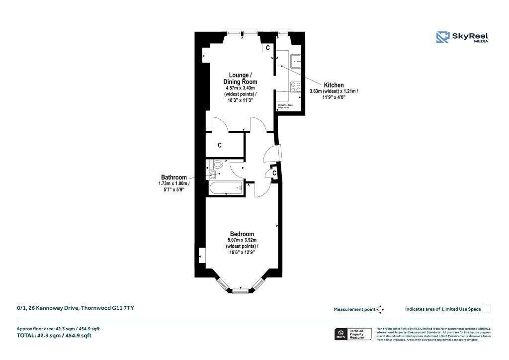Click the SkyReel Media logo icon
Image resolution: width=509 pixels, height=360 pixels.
[442, 37]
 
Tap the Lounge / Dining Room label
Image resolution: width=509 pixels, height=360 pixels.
[240, 78]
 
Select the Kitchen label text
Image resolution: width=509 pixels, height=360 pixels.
[334, 85]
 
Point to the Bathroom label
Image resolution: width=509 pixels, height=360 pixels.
[173, 178]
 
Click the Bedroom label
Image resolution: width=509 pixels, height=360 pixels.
[242, 234]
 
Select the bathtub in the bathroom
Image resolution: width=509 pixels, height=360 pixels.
[224, 188]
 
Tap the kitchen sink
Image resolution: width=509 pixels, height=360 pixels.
[297, 61]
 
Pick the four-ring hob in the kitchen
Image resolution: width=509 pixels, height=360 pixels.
[296, 87]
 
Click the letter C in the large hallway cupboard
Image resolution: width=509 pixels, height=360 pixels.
[219, 146]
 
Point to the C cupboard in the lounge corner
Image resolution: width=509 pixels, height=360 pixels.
[267, 48]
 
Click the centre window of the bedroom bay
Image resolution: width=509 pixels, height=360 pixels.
[241, 288]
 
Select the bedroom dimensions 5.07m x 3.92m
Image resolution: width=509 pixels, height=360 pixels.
[242, 241]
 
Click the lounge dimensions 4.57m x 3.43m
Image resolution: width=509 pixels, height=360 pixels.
[240, 88]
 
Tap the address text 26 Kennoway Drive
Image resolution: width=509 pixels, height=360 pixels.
[75, 309]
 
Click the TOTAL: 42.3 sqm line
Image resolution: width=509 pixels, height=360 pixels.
[54, 336]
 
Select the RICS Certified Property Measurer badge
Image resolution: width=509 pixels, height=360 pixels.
[353, 334]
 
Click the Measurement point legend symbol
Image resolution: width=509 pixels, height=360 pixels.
[380, 309]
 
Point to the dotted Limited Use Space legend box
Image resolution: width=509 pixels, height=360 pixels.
[487, 309]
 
